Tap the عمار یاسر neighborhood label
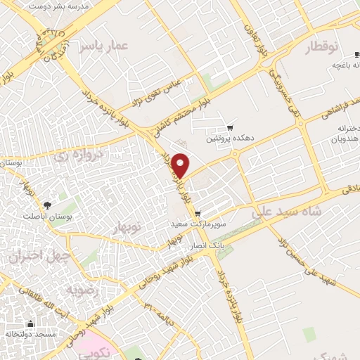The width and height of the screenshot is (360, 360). [103, 46]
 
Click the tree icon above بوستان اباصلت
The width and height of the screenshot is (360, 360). [47, 205]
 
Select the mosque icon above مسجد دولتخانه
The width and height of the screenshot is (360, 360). [31, 324]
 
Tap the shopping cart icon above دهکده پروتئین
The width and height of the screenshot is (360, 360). [230, 128]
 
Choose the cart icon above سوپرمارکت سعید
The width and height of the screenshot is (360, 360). [198, 214]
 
